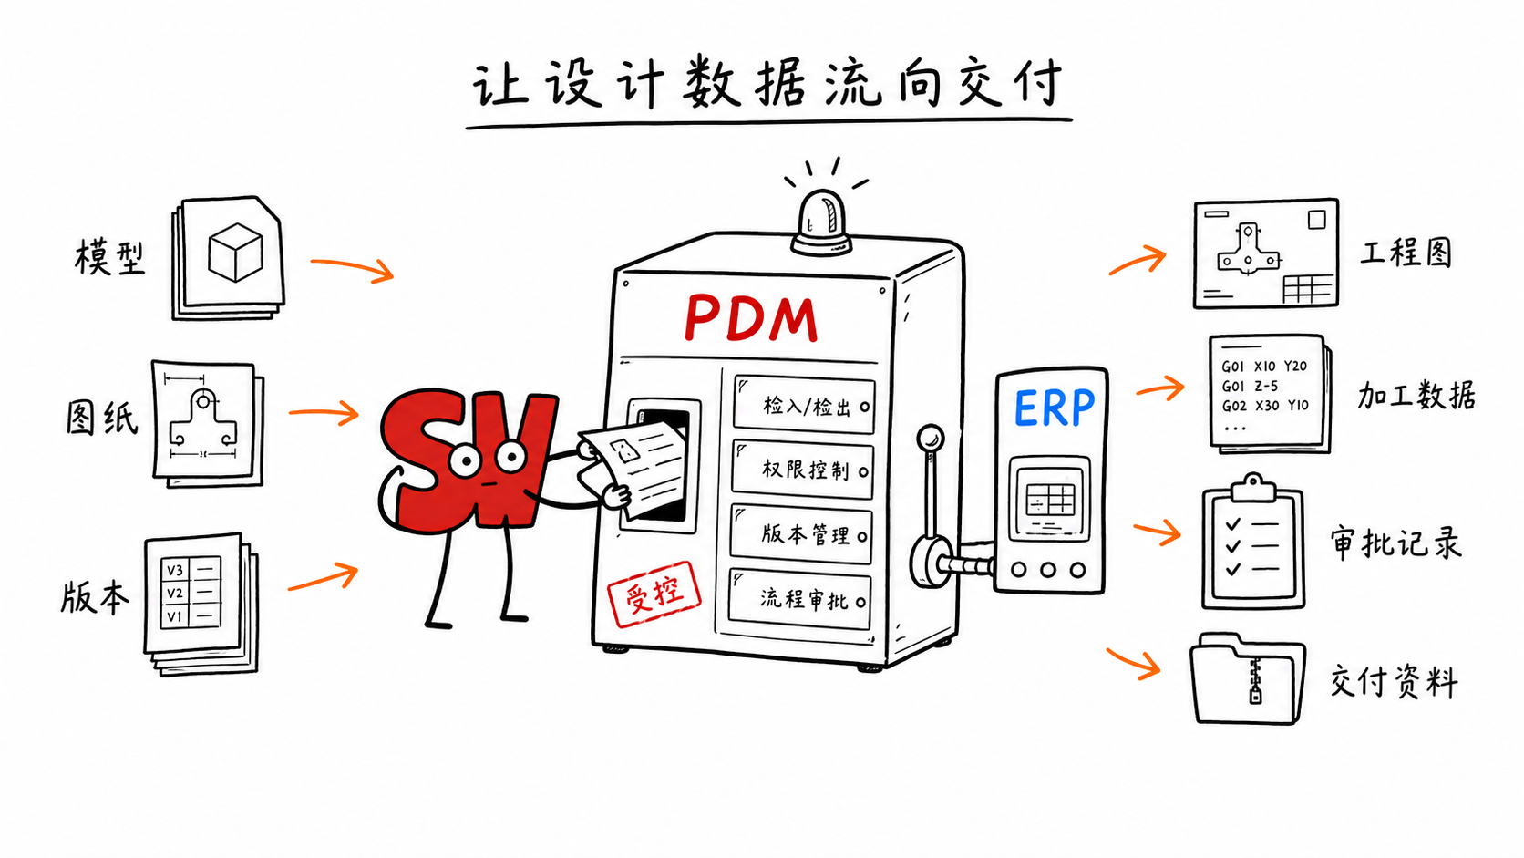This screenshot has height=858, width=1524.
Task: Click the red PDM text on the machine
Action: pyautogui.click(x=751, y=318)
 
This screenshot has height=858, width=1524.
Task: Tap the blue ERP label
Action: pyautogui.click(x=1054, y=407)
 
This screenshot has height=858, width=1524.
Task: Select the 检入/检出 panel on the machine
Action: pyautogui.click(x=804, y=406)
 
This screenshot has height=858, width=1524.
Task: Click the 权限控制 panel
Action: pyautogui.click(x=803, y=470)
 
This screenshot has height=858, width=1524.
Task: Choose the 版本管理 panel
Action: pyautogui.click(x=801, y=534)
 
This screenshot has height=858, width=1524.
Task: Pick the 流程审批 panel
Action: pyautogui.click(x=800, y=599)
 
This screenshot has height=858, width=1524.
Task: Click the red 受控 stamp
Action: pyautogui.click(x=654, y=594)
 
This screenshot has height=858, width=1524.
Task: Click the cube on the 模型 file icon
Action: pyautogui.click(x=235, y=252)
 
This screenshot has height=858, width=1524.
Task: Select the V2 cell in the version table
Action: pyautogui.click(x=175, y=594)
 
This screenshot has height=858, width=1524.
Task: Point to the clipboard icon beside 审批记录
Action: pyautogui.click(x=1253, y=543)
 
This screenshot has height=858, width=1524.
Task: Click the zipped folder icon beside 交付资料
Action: pyautogui.click(x=1248, y=679)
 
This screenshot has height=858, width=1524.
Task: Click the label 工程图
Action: pyautogui.click(x=1406, y=253)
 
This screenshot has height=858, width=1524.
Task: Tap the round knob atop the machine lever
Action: pyautogui.click(x=930, y=437)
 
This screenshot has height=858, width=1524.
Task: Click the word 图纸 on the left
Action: pyautogui.click(x=102, y=417)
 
